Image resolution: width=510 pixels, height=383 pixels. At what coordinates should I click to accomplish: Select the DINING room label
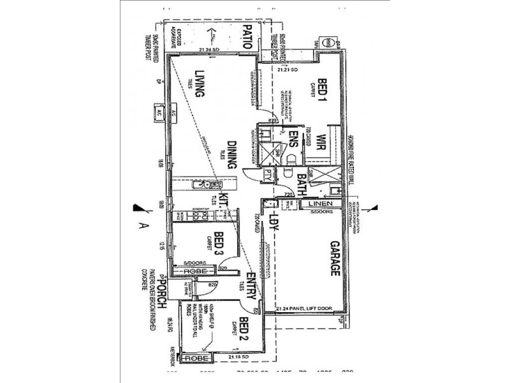pos(233,155)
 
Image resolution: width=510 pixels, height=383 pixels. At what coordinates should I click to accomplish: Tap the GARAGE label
pos(334,259)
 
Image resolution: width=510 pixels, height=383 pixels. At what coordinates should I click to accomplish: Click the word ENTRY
pos(251,288)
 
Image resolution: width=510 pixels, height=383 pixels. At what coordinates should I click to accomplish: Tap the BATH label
pos(302,184)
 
